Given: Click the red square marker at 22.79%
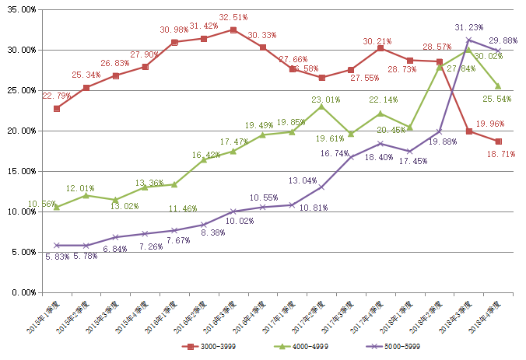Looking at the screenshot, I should tap(57, 108).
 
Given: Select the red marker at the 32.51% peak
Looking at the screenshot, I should tap(233, 30).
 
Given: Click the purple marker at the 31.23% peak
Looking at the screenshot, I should tap(468, 40).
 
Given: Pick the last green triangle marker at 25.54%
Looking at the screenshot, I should tap(498, 86).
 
